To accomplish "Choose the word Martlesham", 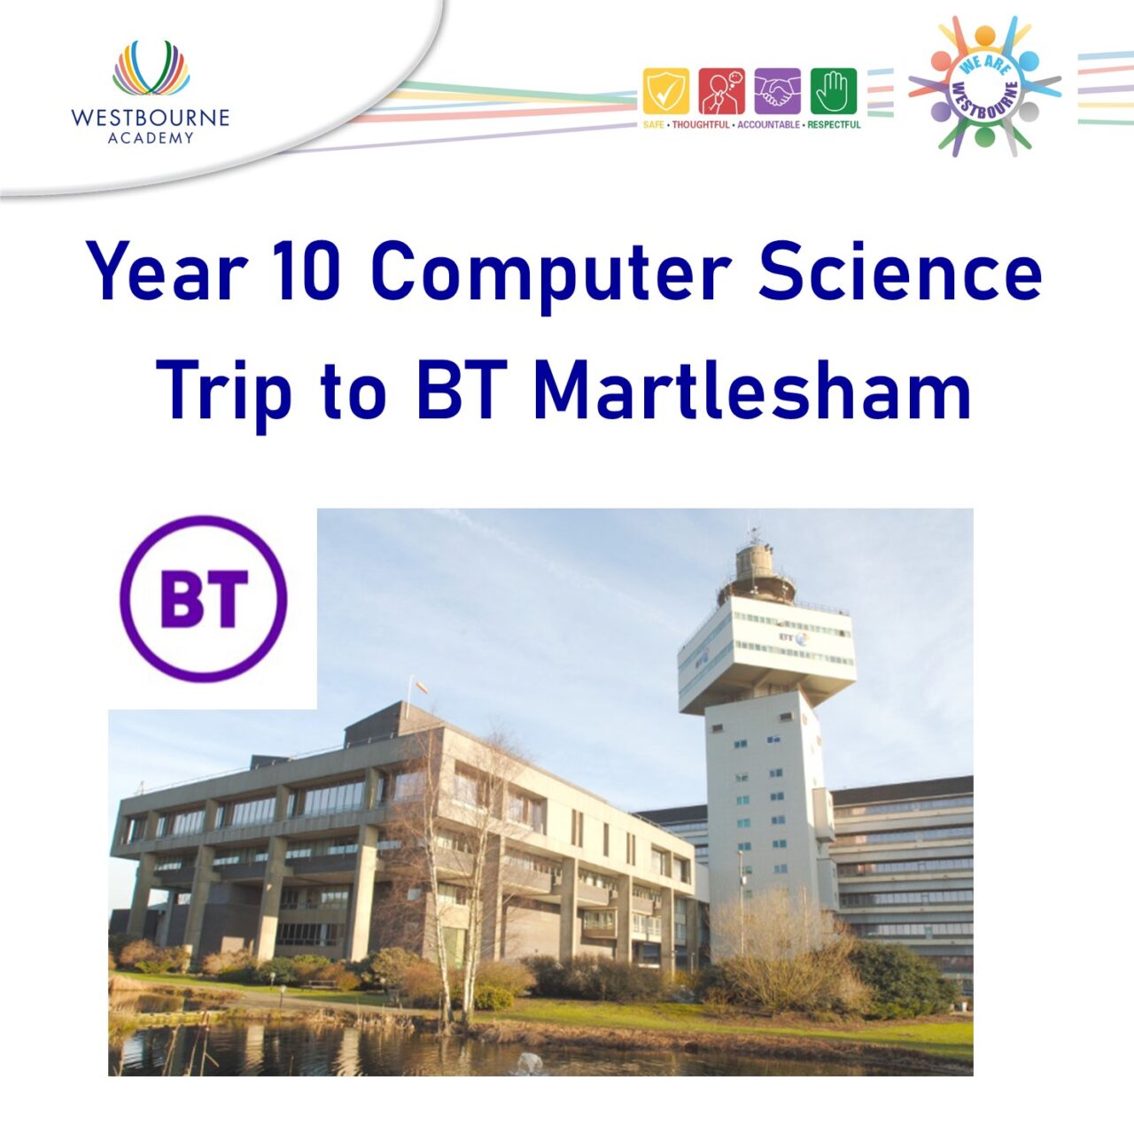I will (x=752, y=390).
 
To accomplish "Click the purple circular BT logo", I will (x=204, y=599).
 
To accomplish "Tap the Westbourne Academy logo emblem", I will (x=151, y=68).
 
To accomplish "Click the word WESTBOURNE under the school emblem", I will (x=150, y=118).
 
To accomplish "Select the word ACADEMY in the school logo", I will (x=151, y=138).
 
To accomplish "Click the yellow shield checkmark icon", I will (x=665, y=91).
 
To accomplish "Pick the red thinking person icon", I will (x=721, y=91).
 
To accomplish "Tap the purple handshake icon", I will (x=777, y=91).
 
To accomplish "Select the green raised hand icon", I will (x=834, y=91).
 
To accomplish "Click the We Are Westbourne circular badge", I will (x=984, y=86).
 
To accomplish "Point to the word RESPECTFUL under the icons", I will (x=834, y=125).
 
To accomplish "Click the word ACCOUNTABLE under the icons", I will (x=768, y=125).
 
